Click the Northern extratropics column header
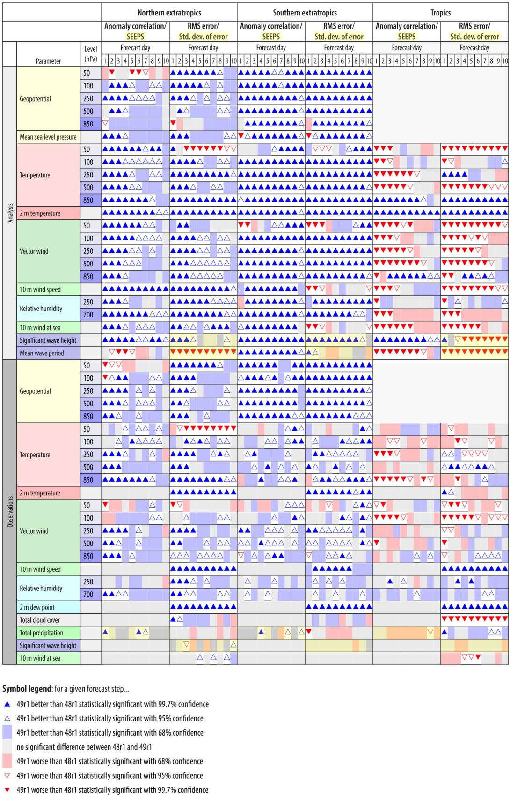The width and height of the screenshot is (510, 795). pos(169,13)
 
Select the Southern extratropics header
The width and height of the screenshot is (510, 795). pos(305,13)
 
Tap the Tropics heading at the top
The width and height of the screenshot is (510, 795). pos(440,13)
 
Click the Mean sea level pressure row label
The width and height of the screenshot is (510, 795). pos(48,137)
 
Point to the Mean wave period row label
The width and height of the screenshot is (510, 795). pos(42,353)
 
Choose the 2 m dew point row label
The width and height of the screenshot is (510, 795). pos(37,607)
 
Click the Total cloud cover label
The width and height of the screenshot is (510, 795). pos(40,620)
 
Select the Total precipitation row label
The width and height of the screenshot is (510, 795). pos(41,633)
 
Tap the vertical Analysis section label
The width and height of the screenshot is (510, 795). pos(10,213)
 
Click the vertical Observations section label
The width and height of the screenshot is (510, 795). pos(10,512)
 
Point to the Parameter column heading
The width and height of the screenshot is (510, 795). pos(48,61)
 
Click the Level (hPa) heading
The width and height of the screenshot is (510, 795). pos(91,54)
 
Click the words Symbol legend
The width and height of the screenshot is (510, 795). pos(27,689)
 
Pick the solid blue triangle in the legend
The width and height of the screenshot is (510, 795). pos(7,704)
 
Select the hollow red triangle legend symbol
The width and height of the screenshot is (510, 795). pos(7,776)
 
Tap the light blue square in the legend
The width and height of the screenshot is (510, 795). pos(7,732)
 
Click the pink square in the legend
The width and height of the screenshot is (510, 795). pos(7,761)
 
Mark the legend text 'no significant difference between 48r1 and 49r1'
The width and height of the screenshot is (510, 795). pos(84,747)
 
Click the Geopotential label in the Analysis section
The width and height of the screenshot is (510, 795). pos(35,99)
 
